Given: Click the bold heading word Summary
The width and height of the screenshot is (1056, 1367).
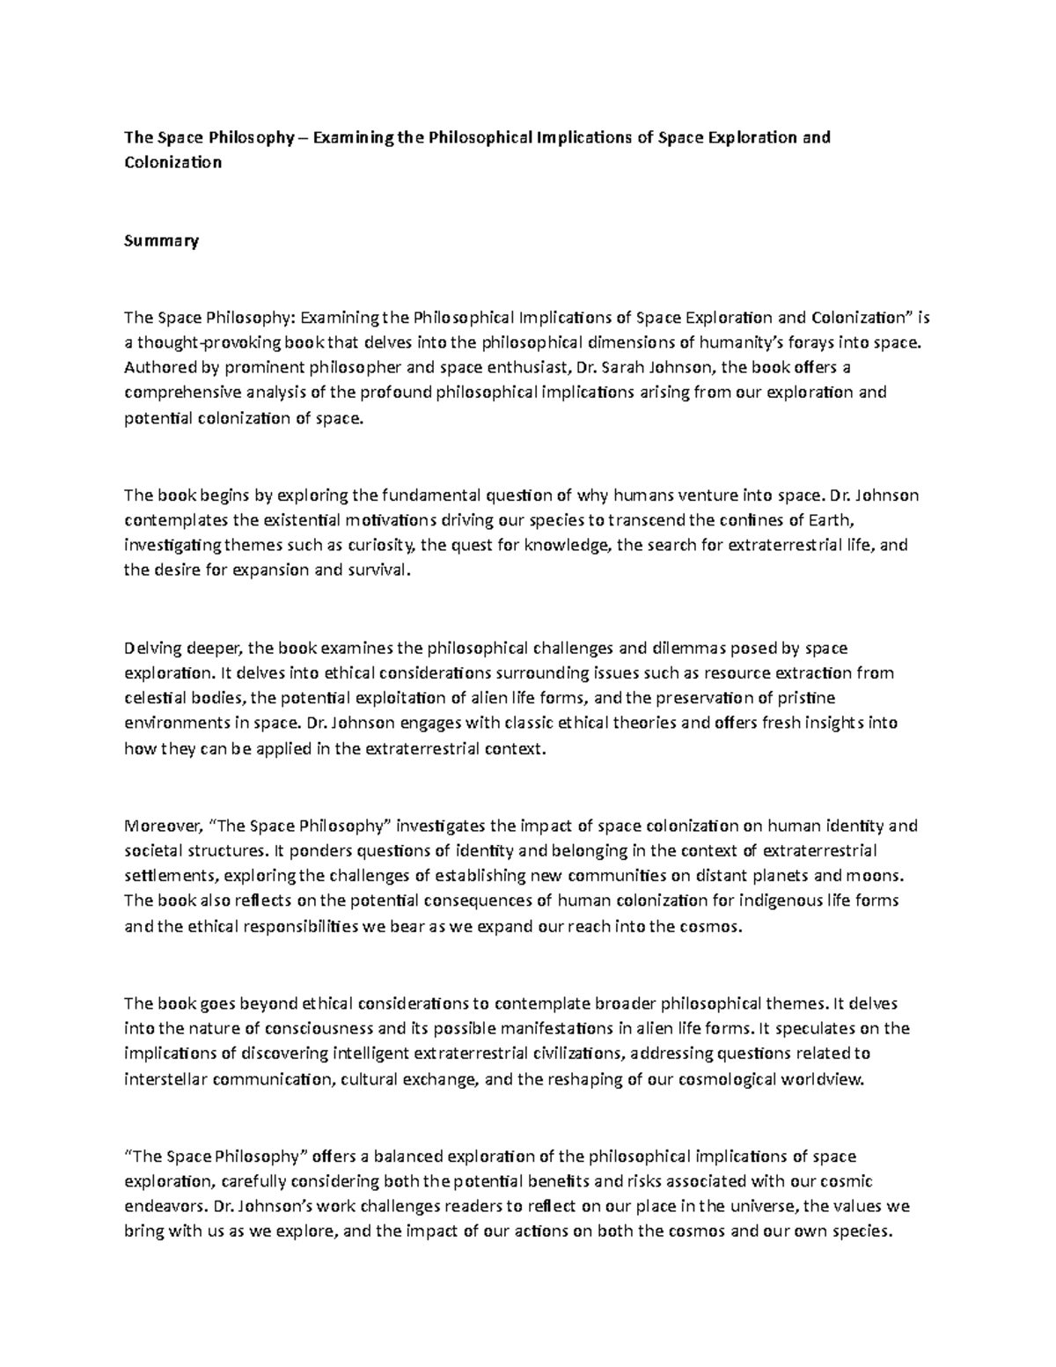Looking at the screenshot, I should pyautogui.click(x=161, y=240).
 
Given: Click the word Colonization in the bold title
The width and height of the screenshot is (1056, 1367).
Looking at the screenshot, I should pyautogui.click(x=172, y=162).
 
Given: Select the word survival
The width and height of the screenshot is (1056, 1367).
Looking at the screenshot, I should pyautogui.click(x=379, y=570).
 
